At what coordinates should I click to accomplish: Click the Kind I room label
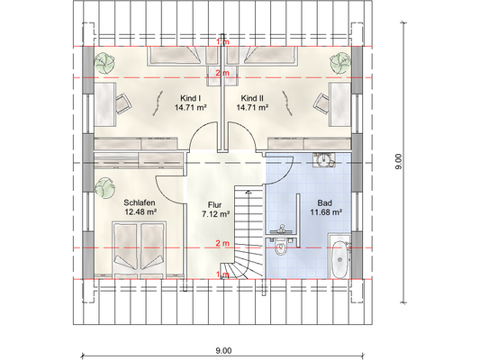[190, 98]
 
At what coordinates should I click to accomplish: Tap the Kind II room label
[252, 98]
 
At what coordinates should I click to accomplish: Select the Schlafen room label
[140, 202]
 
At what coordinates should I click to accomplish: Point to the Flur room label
[214, 204]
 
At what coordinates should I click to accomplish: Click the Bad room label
[325, 202]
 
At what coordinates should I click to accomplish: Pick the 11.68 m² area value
[326, 212]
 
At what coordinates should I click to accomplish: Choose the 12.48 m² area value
[140, 211]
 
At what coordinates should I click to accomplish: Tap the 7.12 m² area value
[216, 214]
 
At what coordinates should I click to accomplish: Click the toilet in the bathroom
[280, 247]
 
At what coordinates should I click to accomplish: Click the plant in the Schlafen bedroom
[104, 188]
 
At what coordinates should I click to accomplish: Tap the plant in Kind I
[104, 63]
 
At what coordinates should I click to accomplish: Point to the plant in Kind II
[340, 63]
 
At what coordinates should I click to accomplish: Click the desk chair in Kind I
[123, 103]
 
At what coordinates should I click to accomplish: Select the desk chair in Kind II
[322, 103]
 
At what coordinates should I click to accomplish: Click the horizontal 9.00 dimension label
[223, 350]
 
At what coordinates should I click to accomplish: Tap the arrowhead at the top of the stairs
[249, 192]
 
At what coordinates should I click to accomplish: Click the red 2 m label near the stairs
[222, 243]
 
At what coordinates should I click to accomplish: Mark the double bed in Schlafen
[140, 249]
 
